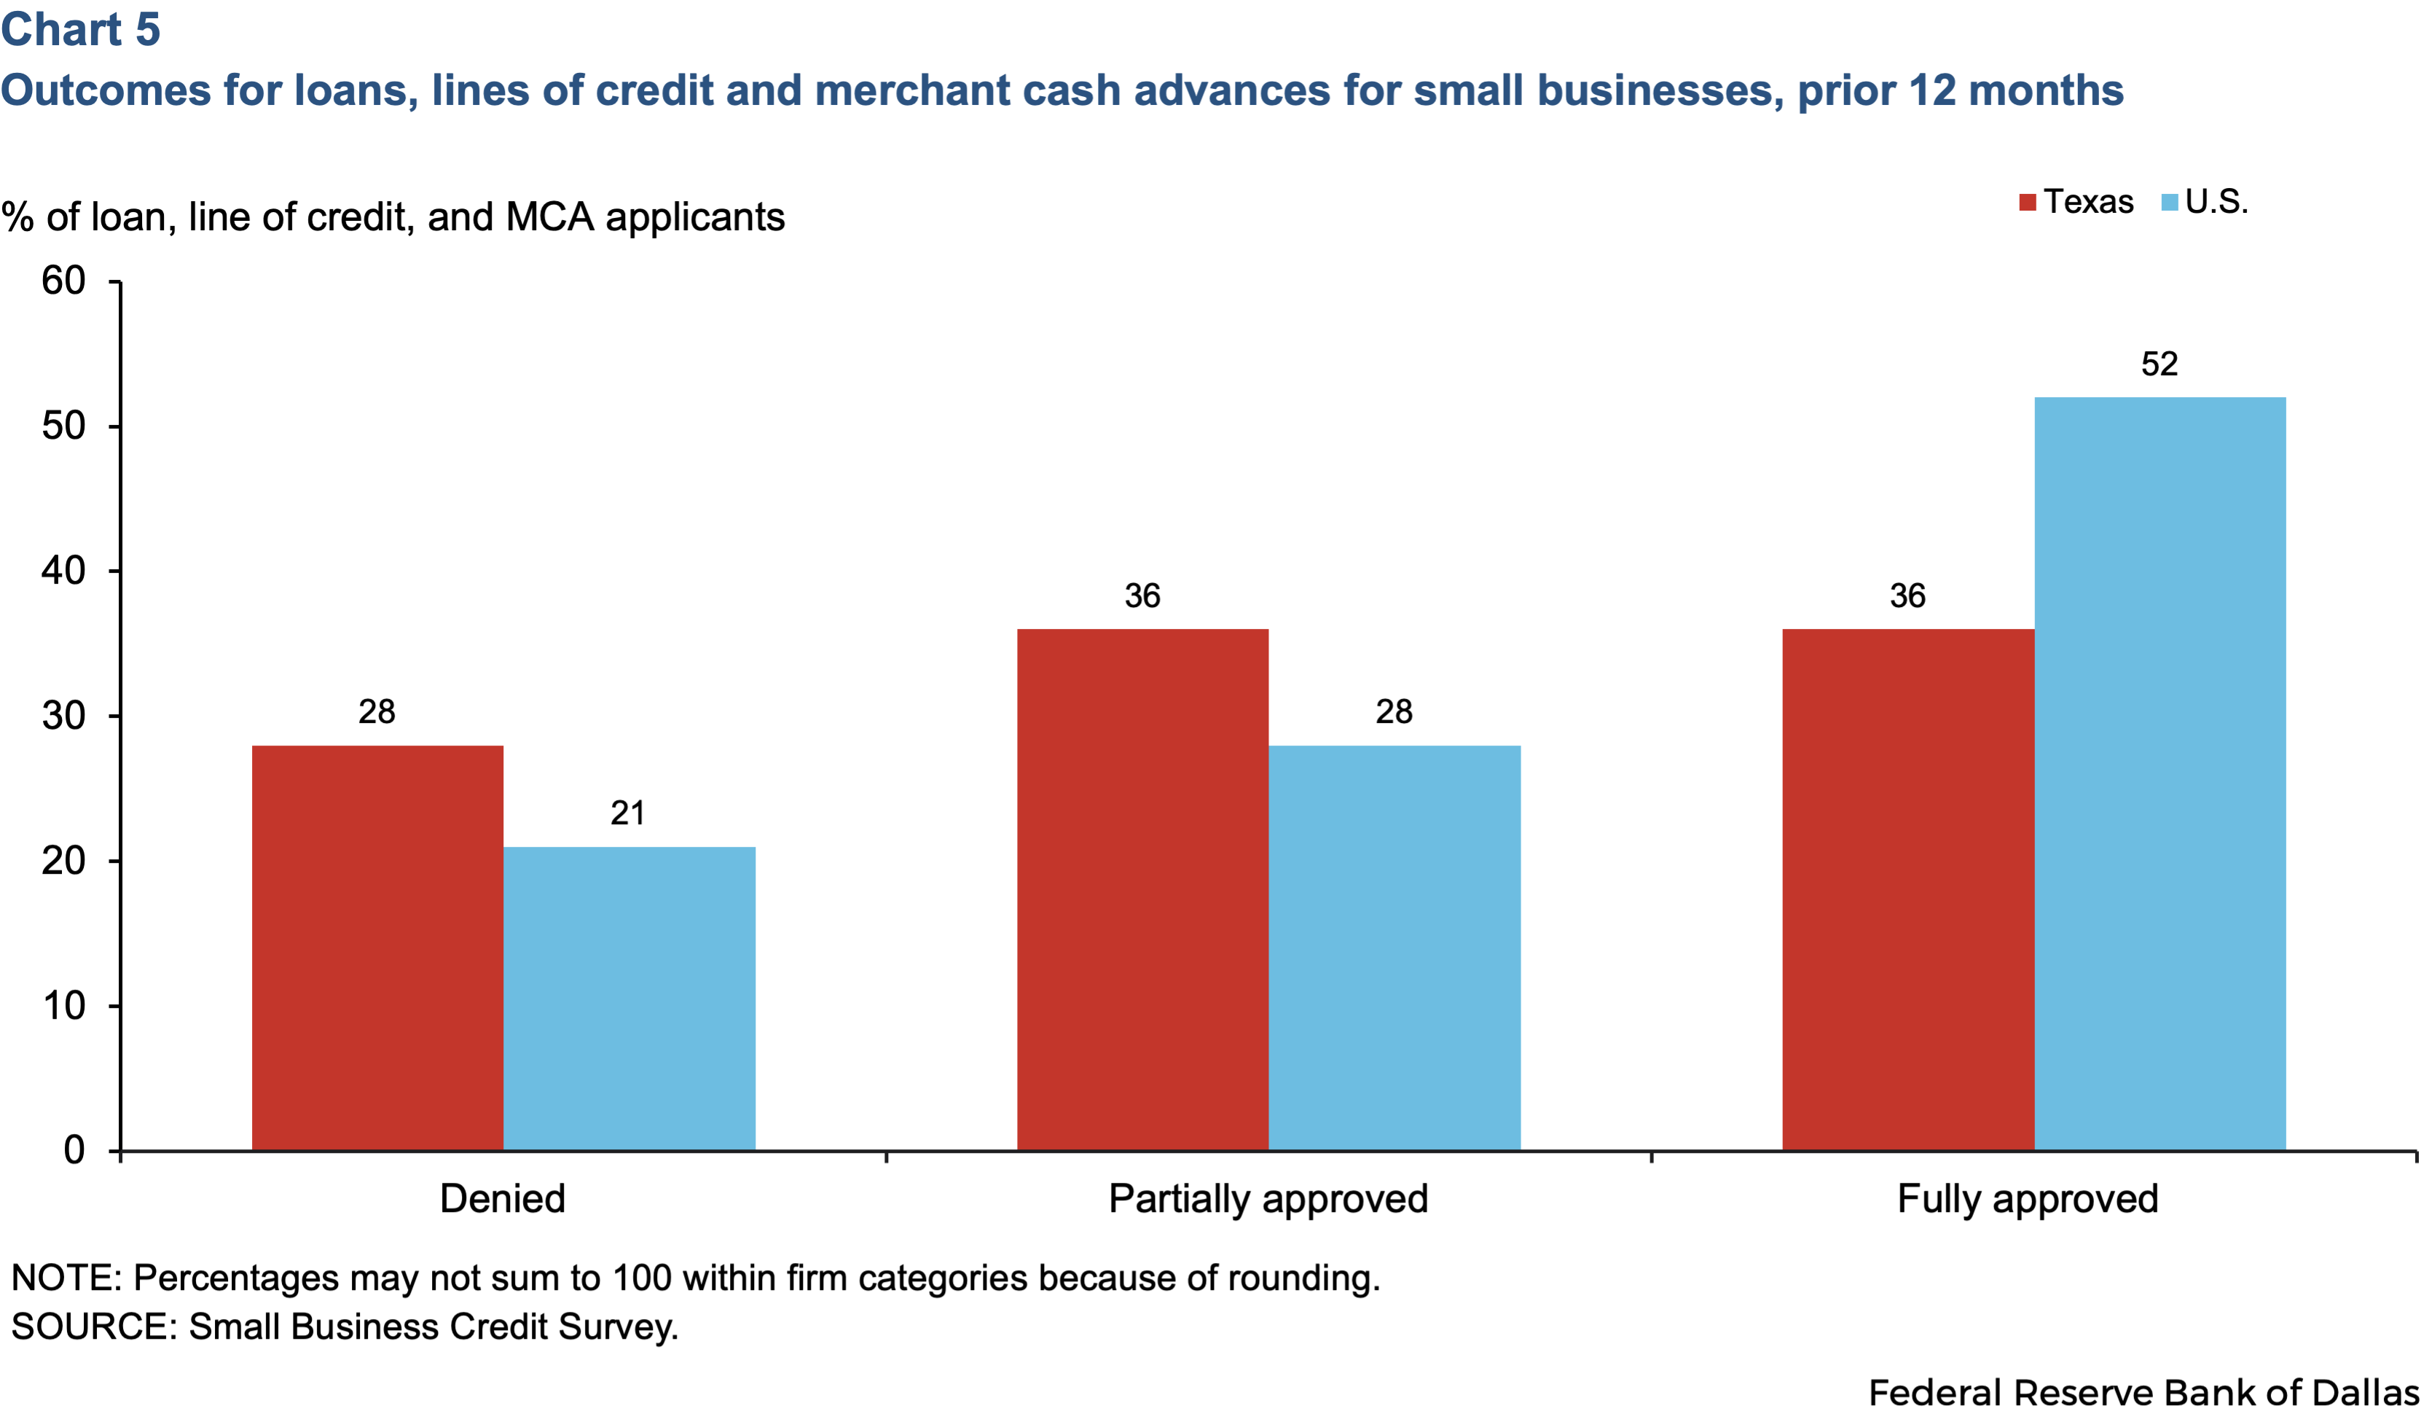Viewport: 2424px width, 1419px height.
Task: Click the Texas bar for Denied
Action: (377, 947)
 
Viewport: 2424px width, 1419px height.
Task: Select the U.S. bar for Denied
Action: (629, 998)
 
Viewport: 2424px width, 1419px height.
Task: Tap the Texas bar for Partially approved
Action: (1142, 890)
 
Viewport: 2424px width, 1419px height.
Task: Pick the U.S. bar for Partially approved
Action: (1395, 947)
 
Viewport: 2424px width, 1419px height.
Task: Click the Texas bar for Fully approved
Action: (1908, 890)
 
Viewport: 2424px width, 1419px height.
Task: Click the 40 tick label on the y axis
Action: (63, 571)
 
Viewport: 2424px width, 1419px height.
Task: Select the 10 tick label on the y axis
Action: (63, 1005)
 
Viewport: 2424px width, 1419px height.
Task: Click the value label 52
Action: (2160, 364)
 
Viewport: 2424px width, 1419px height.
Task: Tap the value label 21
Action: (628, 813)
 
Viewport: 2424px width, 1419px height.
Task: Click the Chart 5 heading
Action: (81, 29)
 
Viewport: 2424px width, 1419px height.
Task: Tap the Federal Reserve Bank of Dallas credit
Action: (2143, 1392)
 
